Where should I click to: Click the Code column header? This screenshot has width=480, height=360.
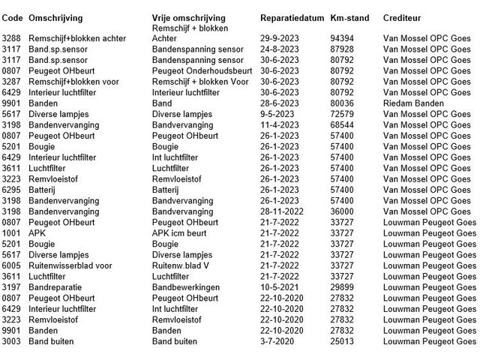coord(13,16)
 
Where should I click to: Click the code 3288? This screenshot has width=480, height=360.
coord(13,37)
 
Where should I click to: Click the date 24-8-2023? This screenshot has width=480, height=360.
coord(281,49)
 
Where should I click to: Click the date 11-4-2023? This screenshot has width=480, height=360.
coord(281,125)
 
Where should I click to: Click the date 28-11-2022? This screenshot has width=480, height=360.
coord(283,211)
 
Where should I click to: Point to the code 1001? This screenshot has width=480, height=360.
coord(13,233)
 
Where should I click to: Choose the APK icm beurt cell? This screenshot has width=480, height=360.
coord(181,233)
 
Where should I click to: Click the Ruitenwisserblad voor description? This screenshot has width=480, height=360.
coord(70,265)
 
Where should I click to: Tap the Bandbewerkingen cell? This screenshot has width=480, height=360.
coord(186,287)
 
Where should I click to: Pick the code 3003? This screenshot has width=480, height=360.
coord(13,342)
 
